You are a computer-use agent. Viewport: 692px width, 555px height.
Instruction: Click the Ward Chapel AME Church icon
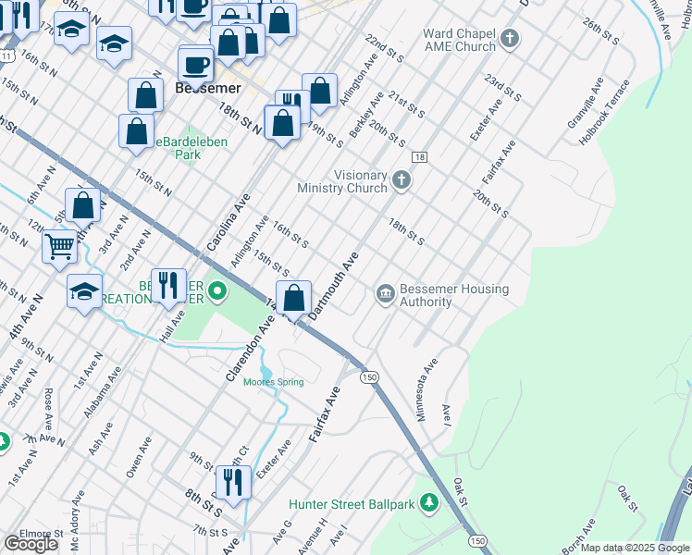pos(510,40)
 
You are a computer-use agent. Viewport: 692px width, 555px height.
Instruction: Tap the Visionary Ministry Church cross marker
pos(401,179)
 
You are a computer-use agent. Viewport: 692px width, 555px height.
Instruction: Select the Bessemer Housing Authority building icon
pos(385,294)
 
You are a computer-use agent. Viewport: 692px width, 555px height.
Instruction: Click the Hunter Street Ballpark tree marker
pos(427,504)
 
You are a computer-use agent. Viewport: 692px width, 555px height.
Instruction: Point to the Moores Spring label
pos(274,382)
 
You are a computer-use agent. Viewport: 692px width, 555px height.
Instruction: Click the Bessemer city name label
pos(208,89)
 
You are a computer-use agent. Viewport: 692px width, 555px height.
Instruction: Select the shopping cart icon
pos(59,247)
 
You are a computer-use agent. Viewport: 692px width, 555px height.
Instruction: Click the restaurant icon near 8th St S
pos(232,482)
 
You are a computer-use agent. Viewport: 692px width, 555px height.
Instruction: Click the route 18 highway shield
pos(419,157)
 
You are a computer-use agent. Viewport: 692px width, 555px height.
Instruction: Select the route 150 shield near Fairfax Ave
pos(369,376)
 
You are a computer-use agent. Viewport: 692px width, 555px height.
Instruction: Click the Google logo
pos(31,544)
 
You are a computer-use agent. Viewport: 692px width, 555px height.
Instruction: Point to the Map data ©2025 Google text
pos(635,548)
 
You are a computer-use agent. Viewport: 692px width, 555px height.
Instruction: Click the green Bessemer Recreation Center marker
pos(217,293)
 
